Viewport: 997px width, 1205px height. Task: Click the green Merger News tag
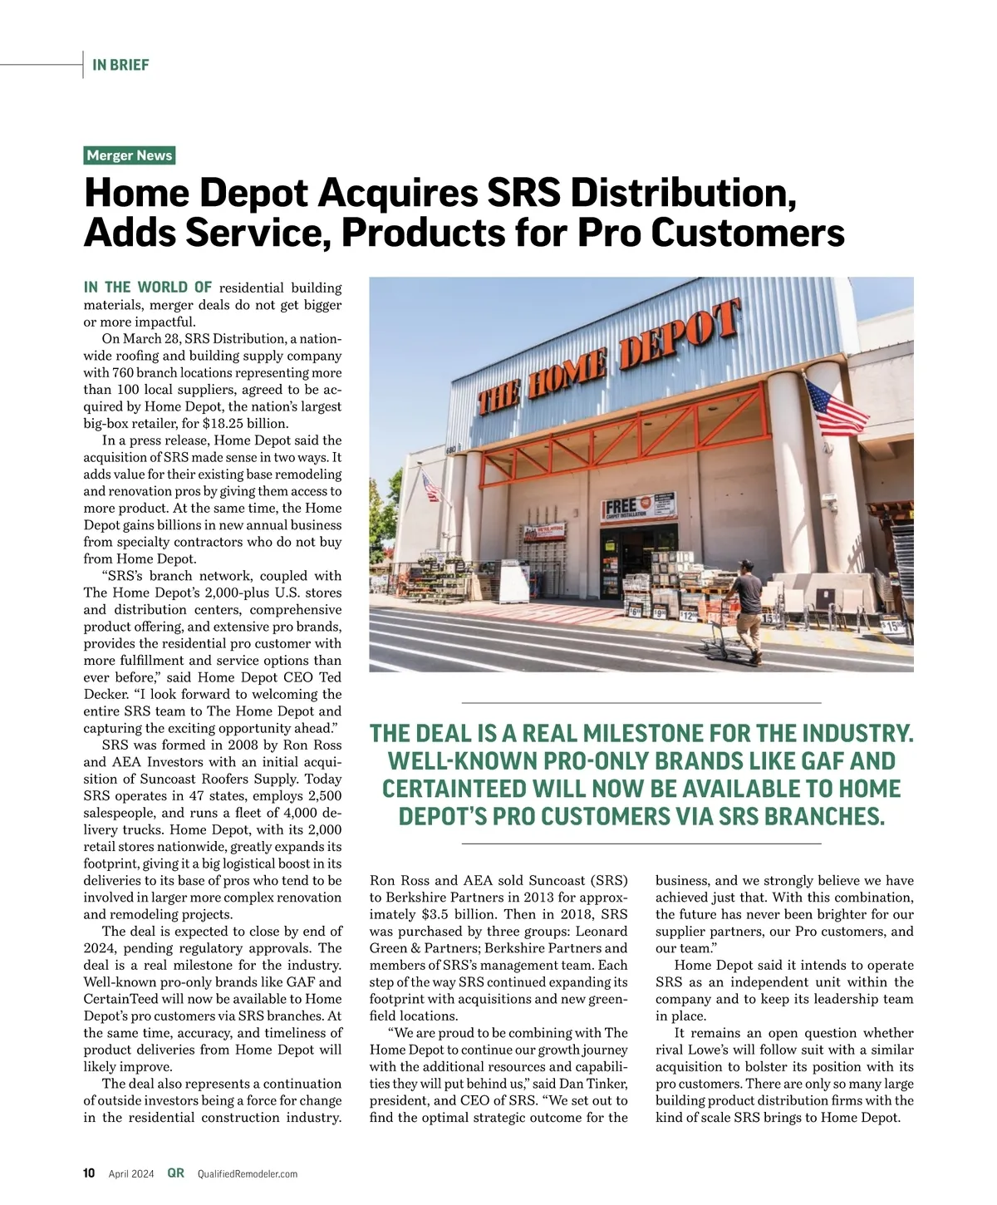point(130,155)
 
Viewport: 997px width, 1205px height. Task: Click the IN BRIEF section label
point(120,65)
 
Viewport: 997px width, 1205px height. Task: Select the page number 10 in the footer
point(89,1173)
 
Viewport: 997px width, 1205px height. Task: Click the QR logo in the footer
point(175,1173)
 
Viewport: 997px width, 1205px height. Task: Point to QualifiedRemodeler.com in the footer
point(247,1174)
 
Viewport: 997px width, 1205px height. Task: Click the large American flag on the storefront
point(836,408)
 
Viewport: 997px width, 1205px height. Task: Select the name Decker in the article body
point(105,694)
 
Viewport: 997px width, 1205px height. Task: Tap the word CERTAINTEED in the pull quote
point(455,789)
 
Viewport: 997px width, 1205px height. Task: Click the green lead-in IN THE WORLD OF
point(148,288)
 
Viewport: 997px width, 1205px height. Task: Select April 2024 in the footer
point(131,1174)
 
